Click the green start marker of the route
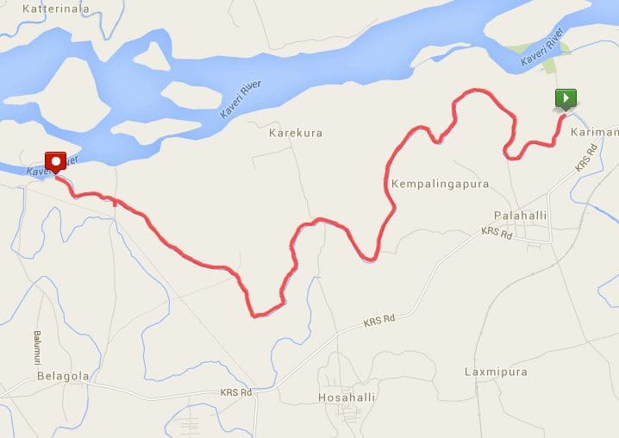pyautogui.click(x=566, y=99)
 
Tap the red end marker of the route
pyautogui.click(x=56, y=161)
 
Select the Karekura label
pyautogui.click(x=295, y=134)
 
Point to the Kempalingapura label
pyautogui.click(x=440, y=185)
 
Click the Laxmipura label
pyautogui.click(x=496, y=372)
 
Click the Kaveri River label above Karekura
pyautogui.click(x=241, y=98)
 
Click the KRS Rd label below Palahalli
pyautogui.click(x=497, y=233)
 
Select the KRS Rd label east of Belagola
pyautogui.click(x=235, y=392)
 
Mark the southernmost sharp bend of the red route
pyautogui.click(x=255, y=316)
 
